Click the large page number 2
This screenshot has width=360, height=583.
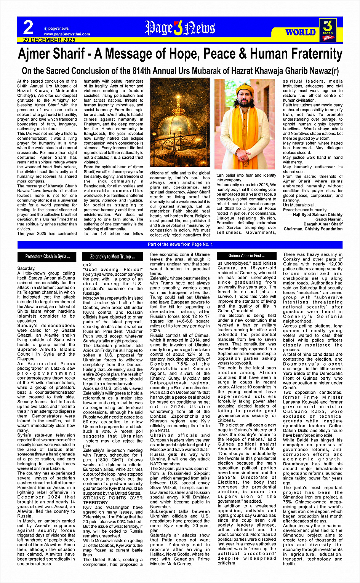28,28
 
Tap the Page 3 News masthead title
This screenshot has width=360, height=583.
180,28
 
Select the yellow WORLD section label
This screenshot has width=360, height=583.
301,32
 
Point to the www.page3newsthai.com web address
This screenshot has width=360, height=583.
67,34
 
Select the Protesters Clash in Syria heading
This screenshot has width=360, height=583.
48,257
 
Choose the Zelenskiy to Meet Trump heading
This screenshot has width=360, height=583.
112,257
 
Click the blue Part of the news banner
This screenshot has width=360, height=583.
180,244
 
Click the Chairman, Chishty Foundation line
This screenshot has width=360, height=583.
313,229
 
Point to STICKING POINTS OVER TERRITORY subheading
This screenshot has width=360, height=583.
113,500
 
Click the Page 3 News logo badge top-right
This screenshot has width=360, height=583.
328,29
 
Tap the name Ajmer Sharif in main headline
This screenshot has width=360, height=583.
51,54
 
